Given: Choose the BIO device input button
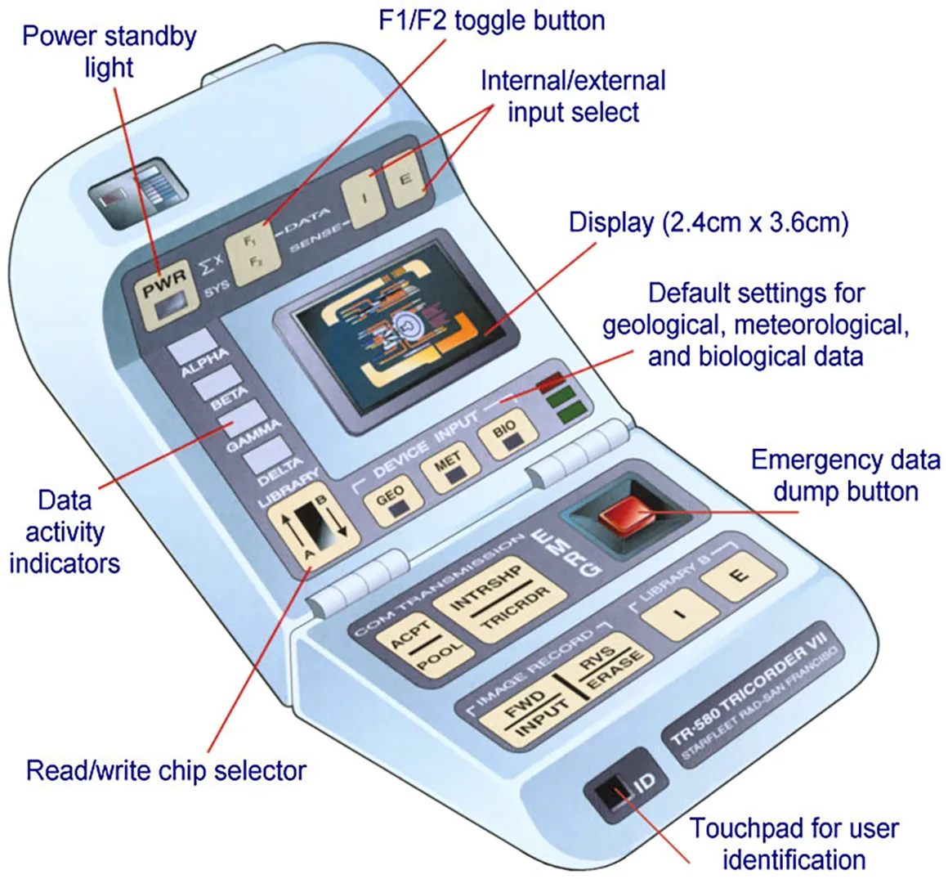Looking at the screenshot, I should point(510,439).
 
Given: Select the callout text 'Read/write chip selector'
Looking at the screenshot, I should point(166,770).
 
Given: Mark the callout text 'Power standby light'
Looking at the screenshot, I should point(109,51).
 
